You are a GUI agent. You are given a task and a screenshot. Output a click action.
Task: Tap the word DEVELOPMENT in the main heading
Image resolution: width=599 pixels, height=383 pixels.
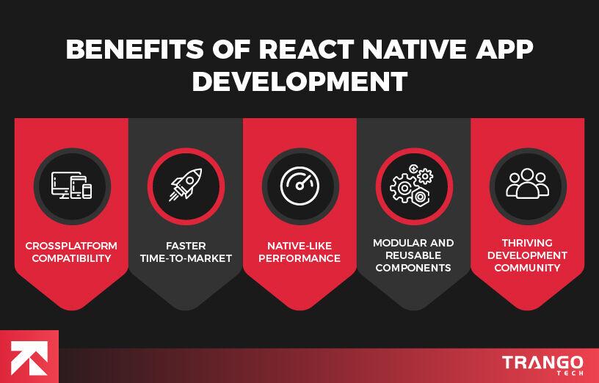point(299,81)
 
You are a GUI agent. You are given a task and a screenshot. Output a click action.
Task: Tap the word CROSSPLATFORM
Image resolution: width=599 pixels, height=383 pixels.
point(71,246)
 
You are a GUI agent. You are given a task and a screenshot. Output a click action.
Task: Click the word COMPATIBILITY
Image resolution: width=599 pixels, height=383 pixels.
point(71,258)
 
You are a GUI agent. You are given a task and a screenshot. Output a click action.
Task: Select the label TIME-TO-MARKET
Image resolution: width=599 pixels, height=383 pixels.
point(186,258)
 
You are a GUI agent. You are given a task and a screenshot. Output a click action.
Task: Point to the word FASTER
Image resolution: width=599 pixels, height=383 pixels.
point(186,246)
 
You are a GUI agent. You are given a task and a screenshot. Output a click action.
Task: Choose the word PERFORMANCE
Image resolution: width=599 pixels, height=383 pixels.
point(299,258)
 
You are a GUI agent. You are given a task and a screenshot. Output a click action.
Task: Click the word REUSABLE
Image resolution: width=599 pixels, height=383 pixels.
point(413,255)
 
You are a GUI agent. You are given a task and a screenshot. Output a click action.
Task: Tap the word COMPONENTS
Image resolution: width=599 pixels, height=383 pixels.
point(413,268)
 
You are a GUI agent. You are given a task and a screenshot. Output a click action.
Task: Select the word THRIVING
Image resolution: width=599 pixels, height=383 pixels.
point(527,243)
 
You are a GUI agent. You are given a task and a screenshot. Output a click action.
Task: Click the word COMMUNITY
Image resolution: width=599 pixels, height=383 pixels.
point(527,268)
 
